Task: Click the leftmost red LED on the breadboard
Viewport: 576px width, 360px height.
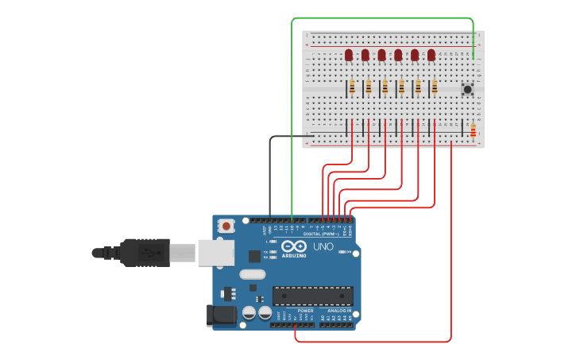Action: (349, 55)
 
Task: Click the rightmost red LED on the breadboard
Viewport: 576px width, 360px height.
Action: (431, 55)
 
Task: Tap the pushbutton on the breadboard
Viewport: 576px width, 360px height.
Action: (467, 90)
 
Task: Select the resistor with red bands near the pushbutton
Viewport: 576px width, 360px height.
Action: (473, 130)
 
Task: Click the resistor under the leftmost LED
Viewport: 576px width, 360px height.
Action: (352, 87)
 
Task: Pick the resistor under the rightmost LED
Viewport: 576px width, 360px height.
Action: (435, 87)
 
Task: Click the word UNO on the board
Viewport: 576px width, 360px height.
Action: (323, 247)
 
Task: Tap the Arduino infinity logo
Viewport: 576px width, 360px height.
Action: (292, 247)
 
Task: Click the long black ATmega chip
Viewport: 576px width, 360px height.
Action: (313, 296)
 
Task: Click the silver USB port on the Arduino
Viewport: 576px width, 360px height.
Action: (215, 253)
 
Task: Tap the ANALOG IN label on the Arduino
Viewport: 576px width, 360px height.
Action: (338, 311)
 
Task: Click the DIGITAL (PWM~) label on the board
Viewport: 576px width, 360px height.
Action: (323, 234)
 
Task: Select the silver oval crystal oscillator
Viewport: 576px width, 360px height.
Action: (251, 274)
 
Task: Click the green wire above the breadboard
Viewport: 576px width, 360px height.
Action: (381, 17)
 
